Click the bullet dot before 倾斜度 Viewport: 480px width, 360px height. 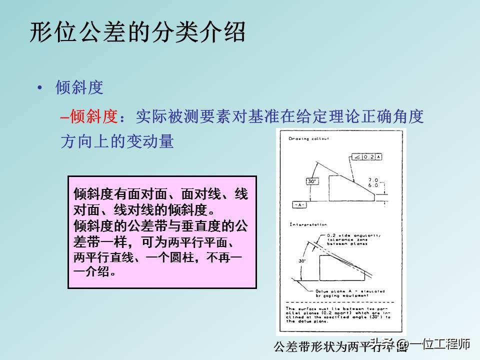point(40,88)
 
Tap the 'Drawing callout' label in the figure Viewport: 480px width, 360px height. point(308,138)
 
